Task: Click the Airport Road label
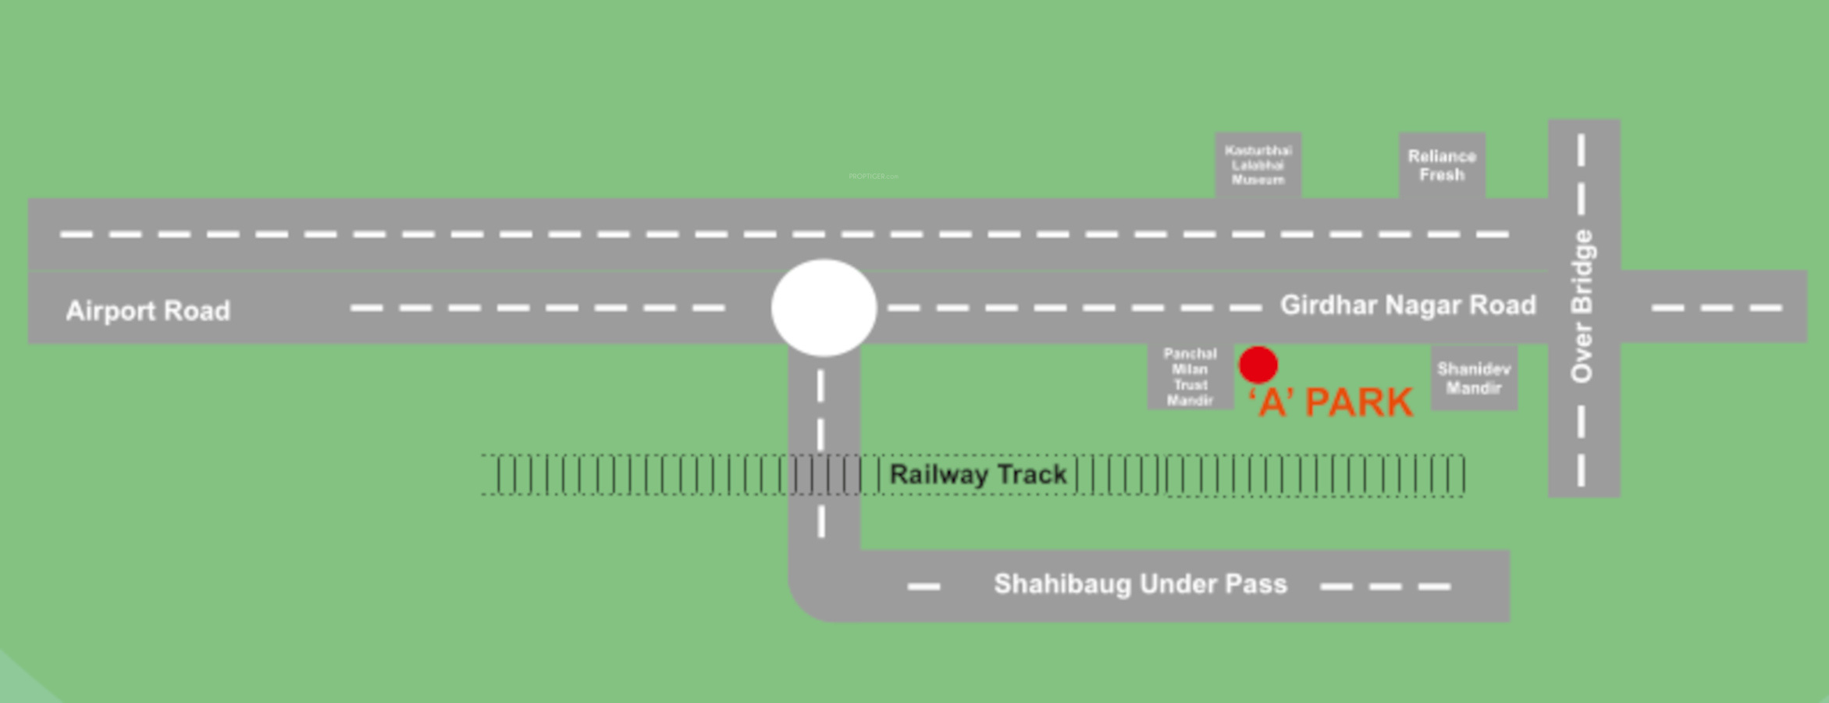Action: pos(148,311)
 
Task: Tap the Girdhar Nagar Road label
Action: pos(1407,305)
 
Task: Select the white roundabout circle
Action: pos(824,308)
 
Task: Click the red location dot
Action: pos(1258,365)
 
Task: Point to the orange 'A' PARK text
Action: pos(1331,403)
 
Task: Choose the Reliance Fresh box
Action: pos(1441,166)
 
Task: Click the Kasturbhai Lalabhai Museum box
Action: pos(1258,165)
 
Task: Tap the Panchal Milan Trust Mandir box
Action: pos(1190,377)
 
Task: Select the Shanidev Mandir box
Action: pos(1473,379)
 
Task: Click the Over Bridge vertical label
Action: pos(1582,306)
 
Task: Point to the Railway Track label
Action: pos(977,474)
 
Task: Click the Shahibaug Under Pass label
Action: pos(1140,584)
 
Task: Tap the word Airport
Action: pos(112,311)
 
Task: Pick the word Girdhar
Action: pos(1329,305)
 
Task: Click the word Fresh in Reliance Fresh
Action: pos(1441,175)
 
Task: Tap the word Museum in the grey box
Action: pos(1258,180)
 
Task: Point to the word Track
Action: pos(1032,474)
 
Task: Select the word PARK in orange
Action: pos(1358,403)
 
